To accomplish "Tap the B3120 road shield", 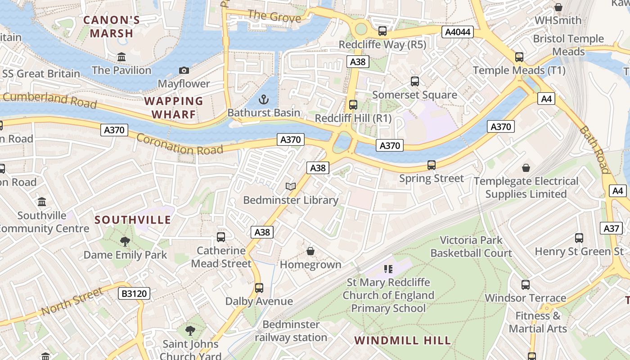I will point(134,294).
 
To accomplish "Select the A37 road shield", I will point(611,228).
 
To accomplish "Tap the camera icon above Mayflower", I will point(184,70).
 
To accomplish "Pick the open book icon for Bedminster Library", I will point(291,186).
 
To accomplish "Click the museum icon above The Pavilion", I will point(121,57).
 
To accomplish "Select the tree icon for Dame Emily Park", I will point(125,242).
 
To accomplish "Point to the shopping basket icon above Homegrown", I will point(310,251).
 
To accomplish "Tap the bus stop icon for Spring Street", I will point(432,165).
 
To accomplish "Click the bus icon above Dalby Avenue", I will point(259,288).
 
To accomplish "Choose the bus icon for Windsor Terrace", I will point(525,285).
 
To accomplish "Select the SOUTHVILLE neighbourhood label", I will point(133,220).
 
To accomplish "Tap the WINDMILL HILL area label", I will point(402,340).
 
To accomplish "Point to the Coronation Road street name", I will point(180,144).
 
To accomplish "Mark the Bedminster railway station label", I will point(291,331).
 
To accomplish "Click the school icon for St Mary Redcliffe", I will point(388,269).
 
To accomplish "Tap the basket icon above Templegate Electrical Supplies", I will point(526,168).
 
